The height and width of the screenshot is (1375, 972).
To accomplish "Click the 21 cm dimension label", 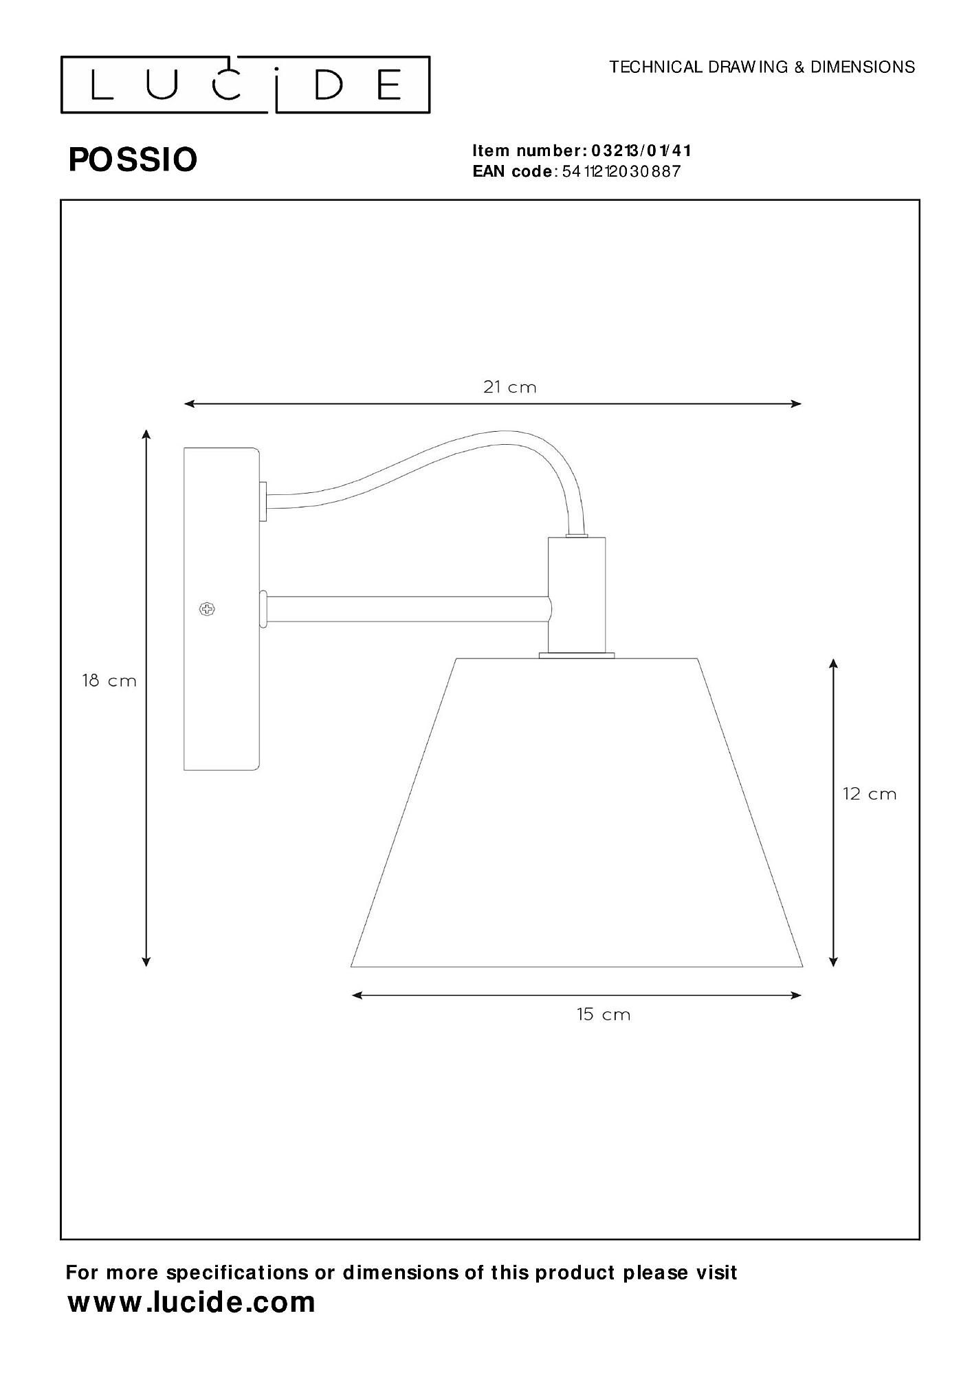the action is click(509, 387).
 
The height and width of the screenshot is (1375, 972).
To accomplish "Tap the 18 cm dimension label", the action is click(109, 681).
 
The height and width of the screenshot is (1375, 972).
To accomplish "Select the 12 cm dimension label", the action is click(870, 794).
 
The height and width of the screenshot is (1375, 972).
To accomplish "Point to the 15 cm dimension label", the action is click(604, 1015).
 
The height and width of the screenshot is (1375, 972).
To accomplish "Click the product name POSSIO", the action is click(133, 159).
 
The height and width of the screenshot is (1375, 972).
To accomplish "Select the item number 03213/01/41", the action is click(641, 151).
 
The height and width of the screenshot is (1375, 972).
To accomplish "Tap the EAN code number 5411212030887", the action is click(621, 172).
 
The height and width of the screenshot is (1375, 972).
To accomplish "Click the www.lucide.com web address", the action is click(191, 1301).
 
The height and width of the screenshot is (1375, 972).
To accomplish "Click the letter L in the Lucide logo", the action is click(101, 85).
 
